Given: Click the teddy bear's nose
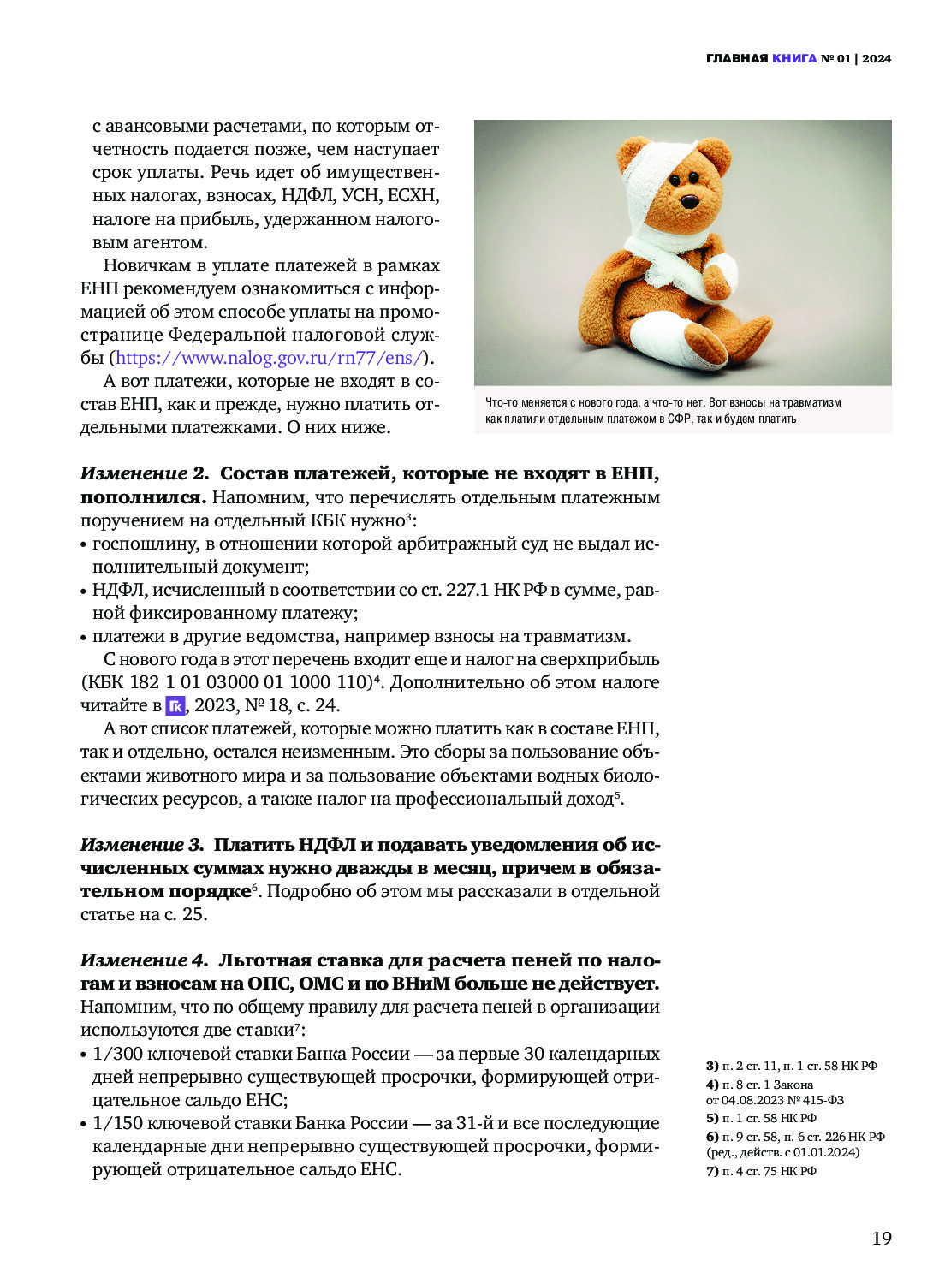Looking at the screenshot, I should pos(690,202).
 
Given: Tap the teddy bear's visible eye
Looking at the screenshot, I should pos(675,180).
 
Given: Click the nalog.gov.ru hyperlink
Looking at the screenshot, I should pos(269,358).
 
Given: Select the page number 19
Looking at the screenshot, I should pos(881,1238).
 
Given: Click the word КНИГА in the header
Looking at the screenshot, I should pos(794,59).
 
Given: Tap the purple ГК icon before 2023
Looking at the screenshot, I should pos(175,706).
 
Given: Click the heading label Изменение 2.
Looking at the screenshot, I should pos(144,473).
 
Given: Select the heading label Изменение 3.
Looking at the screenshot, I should pos(142,845).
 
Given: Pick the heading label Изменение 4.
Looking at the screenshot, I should pos(144,960).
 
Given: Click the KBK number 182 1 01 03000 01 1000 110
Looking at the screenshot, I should pos(248,683).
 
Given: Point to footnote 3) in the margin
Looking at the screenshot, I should pos(712,1066).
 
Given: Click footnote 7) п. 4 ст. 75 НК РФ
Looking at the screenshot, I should pos(761,1171).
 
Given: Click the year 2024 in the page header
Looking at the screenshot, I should pos(877,59).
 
